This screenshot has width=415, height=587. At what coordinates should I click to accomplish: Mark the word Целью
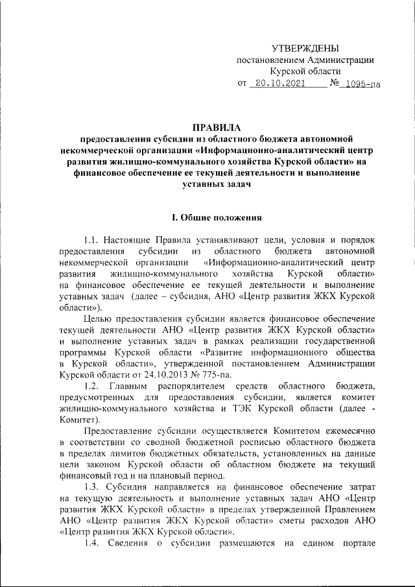click(x=97, y=318)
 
